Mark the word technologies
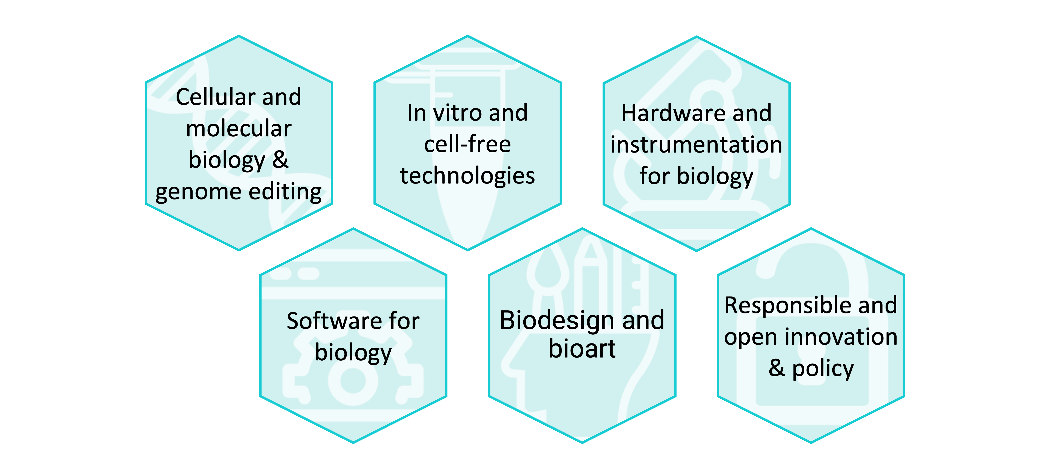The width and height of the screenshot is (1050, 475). pos(467,176)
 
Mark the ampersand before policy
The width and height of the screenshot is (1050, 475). pos(777,368)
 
